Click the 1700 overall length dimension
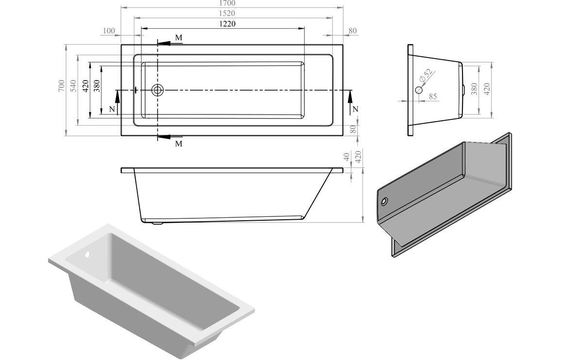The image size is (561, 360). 231,3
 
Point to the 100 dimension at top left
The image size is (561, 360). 109,31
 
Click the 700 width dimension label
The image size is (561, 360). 62,85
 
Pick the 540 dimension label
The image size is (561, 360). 74,85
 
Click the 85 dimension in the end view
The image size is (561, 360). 432,97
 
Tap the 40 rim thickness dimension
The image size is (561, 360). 346,157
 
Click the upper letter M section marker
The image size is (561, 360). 179,37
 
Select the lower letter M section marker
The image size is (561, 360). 179,144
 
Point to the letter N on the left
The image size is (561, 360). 112,109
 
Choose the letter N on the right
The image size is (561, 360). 355,109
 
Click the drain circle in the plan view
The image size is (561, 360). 158,90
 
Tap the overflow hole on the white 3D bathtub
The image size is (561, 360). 88,255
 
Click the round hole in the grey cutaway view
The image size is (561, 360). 385,201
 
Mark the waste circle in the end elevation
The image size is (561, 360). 419,90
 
